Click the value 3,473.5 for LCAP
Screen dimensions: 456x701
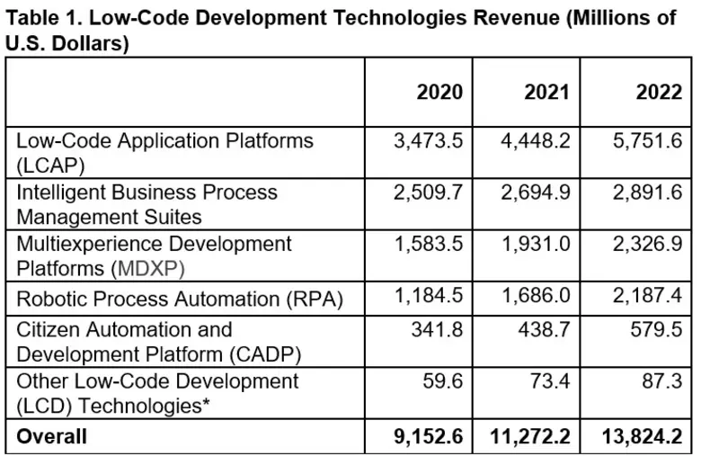click(x=428, y=141)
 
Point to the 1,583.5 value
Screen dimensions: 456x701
click(x=428, y=244)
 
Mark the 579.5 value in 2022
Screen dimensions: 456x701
click(x=659, y=330)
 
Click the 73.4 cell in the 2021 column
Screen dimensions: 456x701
click(x=550, y=381)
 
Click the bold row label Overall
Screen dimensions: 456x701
click(x=51, y=436)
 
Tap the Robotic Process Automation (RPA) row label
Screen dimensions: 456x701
click(x=180, y=299)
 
